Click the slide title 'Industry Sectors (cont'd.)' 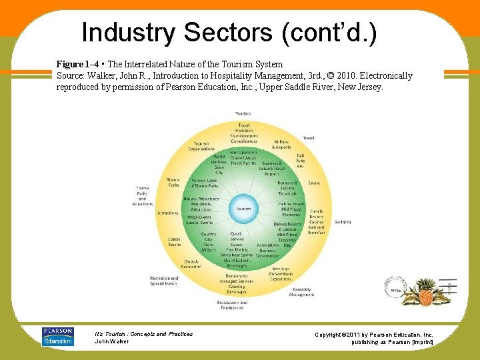[229, 32]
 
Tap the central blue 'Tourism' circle [243, 209]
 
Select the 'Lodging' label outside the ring [343, 221]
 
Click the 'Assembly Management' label [301, 291]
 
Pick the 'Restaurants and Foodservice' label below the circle [231, 305]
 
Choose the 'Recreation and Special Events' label [164, 281]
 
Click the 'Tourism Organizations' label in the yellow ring [201, 146]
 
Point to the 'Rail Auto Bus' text [300, 161]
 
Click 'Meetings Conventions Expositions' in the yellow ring [281, 273]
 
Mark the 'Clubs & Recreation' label [191, 264]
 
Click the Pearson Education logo [58, 336]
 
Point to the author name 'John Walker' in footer [112, 341]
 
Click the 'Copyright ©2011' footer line [373, 334]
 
